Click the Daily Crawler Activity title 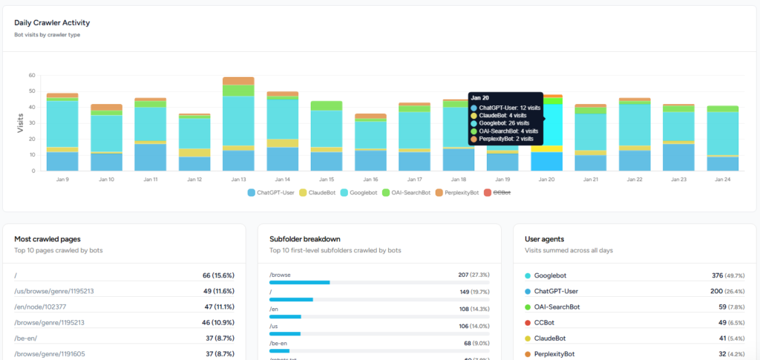click(x=52, y=22)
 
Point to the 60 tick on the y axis click(x=32, y=75)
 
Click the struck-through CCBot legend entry click(x=501, y=192)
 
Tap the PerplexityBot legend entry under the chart click(x=457, y=192)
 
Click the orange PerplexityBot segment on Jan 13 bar click(x=238, y=81)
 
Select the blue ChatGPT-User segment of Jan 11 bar click(x=150, y=157)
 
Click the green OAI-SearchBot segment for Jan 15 click(x=326, y=105)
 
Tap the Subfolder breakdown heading click(x=305, y=239)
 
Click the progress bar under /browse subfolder click(x=299, y=283)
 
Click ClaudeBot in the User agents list click(x=550, y=338)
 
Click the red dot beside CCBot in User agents click(x=528, y=322)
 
